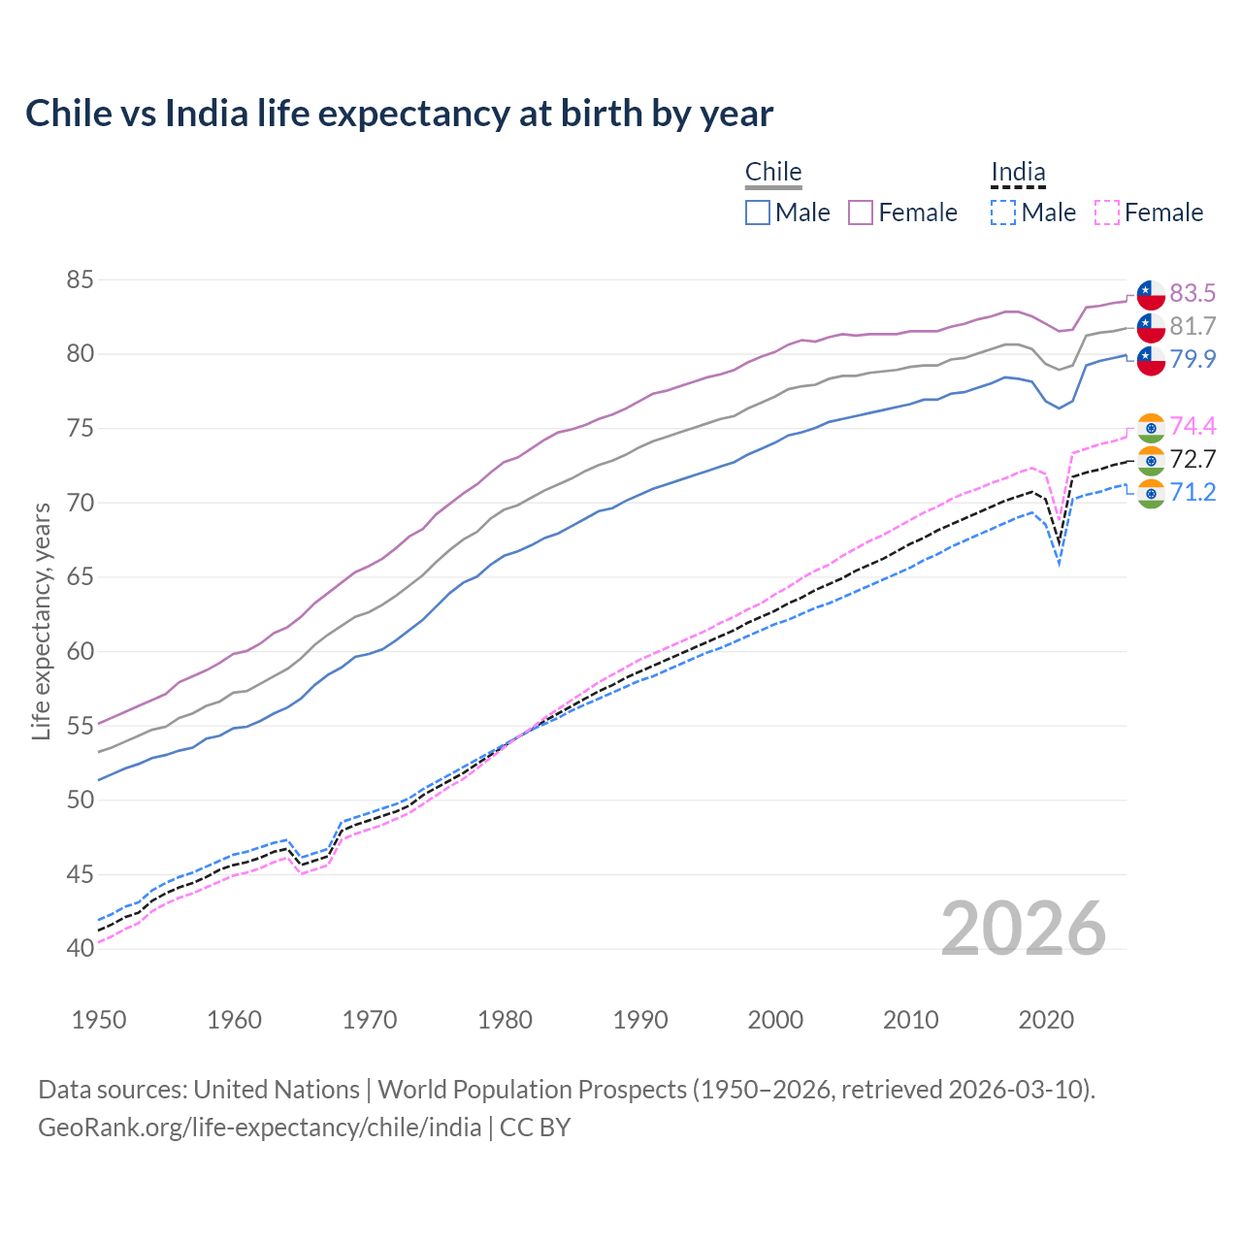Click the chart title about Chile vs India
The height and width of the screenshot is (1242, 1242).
tap(399, 114)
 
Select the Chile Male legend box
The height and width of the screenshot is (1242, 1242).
tap(758, 212)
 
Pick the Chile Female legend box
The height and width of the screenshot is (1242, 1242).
tap(861, 212)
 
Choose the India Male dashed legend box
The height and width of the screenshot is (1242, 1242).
tap(1003, 212)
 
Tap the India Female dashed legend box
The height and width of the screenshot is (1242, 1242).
tap(1107, 212)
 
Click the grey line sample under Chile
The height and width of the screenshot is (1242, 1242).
tap(773, 188)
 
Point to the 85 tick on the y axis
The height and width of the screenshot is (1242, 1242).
tap(80, 280)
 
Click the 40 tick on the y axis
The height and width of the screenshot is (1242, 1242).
tap(80, 948)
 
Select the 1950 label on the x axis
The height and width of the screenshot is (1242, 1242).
tap(99, 1020)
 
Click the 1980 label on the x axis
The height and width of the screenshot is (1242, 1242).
tap(505, 1020)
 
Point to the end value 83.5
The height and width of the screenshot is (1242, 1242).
tap(1193, 293)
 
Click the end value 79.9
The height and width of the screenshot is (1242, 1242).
tap(1193, 359)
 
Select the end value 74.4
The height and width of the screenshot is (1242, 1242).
tap(1193, 426)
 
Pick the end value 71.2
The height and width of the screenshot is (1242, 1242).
tap(1193, 492)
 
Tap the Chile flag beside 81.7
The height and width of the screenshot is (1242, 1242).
tap(1151, 327)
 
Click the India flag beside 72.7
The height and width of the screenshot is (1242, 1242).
tap(1151, 460)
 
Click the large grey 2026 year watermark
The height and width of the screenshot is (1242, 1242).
tap(1024, 929)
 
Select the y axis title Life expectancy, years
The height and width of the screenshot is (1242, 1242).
tap(41, 621)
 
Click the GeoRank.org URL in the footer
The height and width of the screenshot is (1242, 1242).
tap(259, 1128)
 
